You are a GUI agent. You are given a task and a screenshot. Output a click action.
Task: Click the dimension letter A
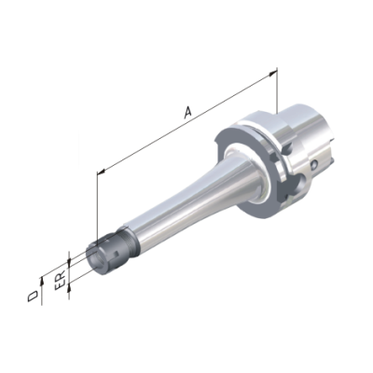(x=187, y=113)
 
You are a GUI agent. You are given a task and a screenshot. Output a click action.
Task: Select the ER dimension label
(x=60, y=280)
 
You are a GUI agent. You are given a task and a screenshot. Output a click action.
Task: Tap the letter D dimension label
(x=33, y=297)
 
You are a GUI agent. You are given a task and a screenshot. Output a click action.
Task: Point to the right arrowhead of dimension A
(x=272, y=74)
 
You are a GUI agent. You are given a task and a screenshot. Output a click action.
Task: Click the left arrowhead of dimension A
(x=102, y=171)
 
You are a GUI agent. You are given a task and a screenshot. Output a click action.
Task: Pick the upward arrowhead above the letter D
(x=41, y=280)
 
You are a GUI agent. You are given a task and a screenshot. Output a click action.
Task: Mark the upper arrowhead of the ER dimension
(x=70, y=261)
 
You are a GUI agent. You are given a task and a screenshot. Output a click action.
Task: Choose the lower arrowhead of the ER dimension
(x=70, y=287)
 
